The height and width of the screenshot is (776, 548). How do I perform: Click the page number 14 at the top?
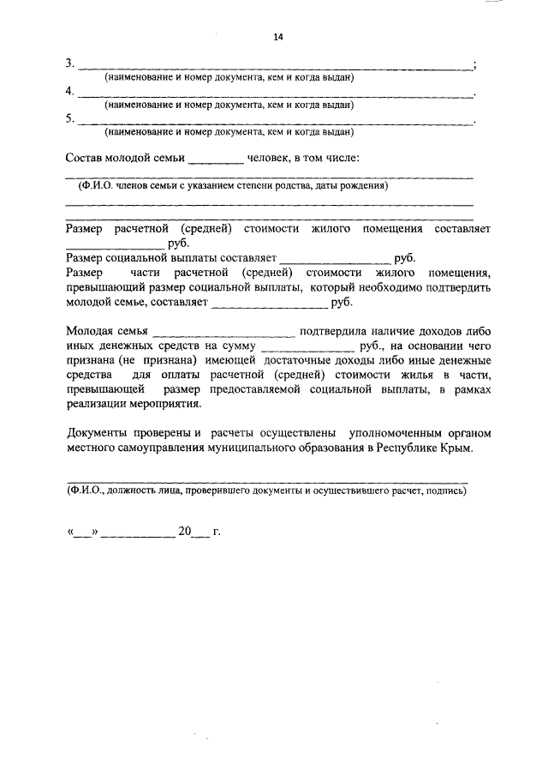(x=277, y=37)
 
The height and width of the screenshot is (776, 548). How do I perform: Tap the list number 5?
(x=69, y=119)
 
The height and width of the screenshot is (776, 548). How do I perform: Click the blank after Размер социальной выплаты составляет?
(x=335, y=260)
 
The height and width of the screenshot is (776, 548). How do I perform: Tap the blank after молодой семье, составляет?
(x=269, y=304)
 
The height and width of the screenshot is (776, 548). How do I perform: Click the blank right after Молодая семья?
(x=223, y=334)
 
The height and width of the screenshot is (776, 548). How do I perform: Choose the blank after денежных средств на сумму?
(x=307, y=349)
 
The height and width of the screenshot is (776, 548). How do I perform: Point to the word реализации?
(x=98, y=404)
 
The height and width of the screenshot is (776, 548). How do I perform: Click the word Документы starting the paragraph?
(x=99, y=434)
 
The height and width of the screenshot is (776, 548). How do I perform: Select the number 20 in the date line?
(x=185, y=532)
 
